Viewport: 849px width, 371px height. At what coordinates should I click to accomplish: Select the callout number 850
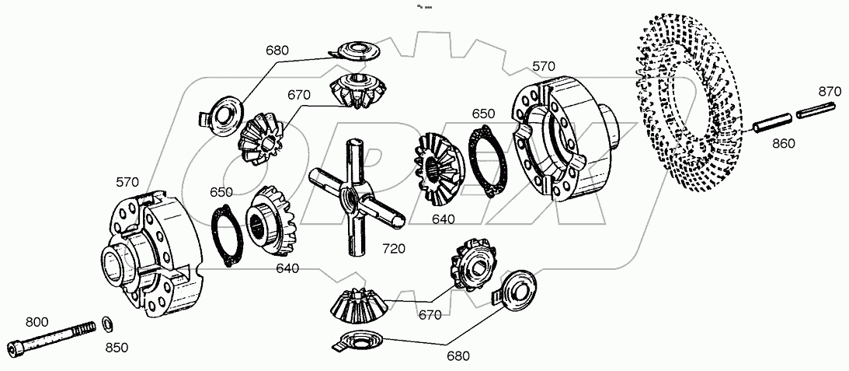(116, 348)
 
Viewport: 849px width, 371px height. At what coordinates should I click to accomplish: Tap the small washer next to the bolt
(106, 322)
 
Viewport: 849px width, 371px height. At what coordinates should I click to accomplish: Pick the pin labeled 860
(771, 122)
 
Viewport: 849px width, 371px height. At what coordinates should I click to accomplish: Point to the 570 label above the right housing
(543, 67)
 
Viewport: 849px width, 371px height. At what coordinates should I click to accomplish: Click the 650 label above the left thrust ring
(221, 192)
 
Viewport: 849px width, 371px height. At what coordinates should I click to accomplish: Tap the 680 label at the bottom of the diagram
(458, 356)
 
